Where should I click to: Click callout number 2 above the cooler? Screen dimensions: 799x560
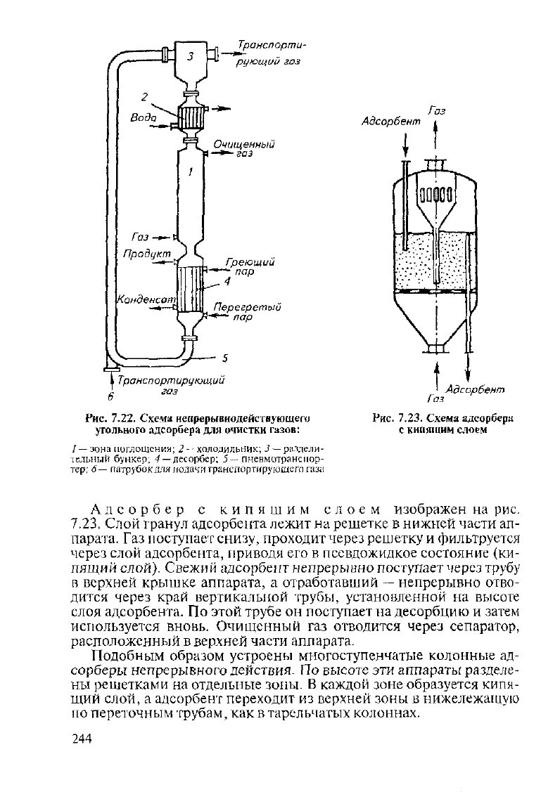click(144, 96)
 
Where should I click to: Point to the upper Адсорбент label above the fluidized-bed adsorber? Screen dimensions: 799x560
click(391, 122)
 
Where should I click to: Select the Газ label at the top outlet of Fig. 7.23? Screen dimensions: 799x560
click(437, 111)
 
